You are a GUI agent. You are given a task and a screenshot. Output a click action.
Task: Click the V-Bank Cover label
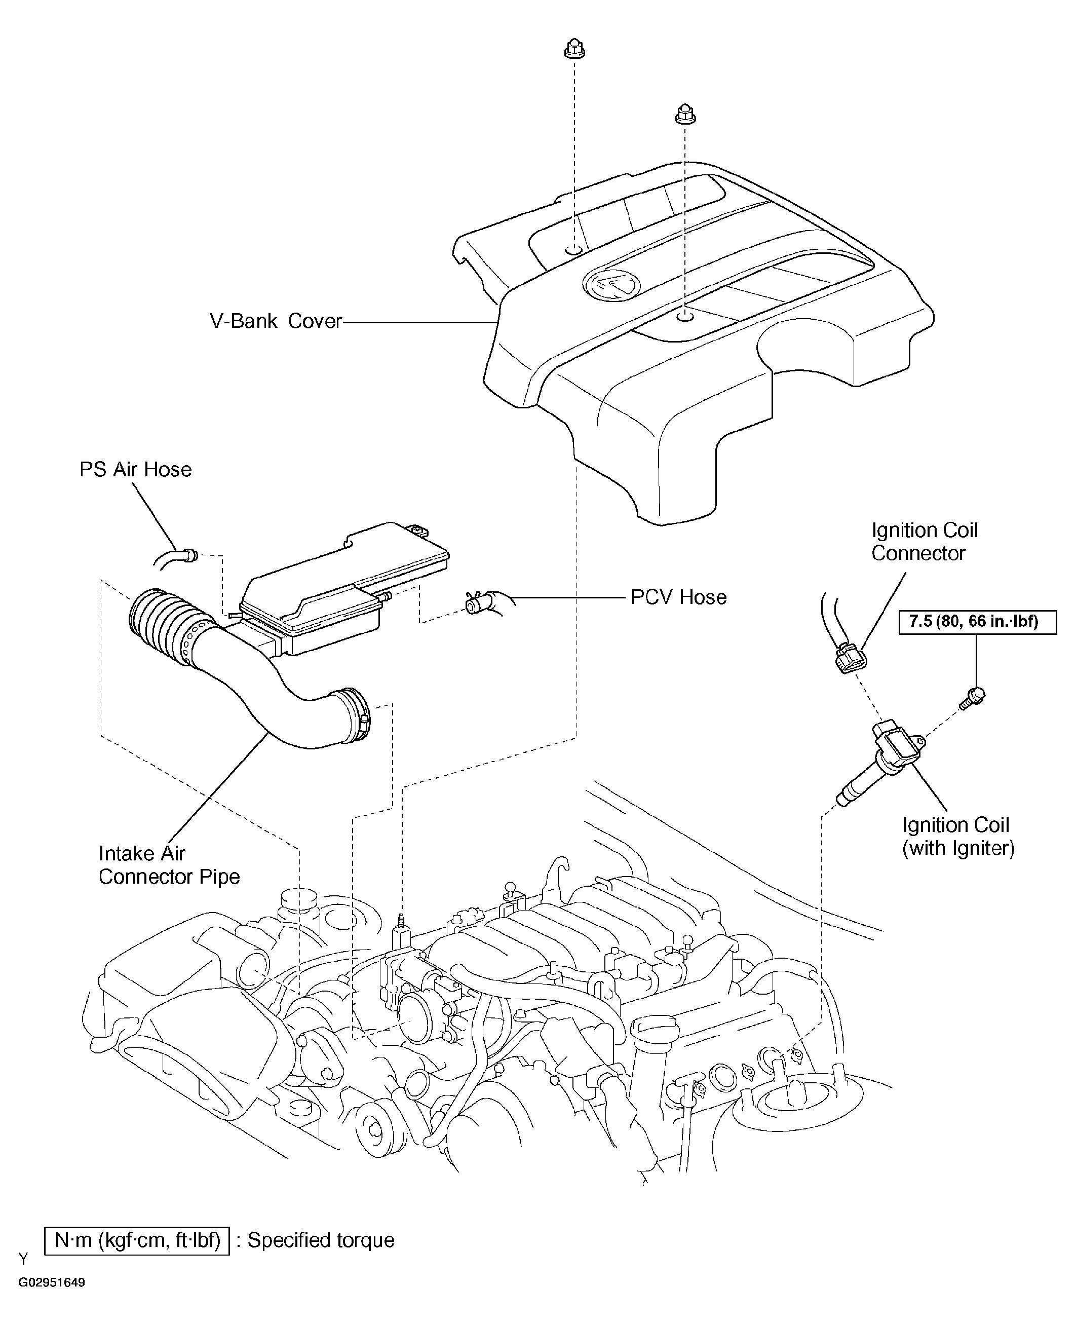pyautogui.click(x=276, y=321)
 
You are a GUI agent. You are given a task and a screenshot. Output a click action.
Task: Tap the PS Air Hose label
pyautogui.click(x=135, y=469)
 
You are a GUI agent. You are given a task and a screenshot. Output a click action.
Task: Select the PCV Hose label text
pyautogui.click(x=678, y=597)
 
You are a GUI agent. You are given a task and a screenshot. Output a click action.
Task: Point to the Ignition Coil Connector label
pyautogui.click(x=924, y=541)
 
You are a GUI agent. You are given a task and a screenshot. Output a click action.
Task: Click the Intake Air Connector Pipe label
pyautogui.click(x=169, y=865)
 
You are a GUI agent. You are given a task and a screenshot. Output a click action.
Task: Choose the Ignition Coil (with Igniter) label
pyautogui.click(x=957, y=837)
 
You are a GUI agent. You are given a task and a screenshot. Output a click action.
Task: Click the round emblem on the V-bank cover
pyautogui.click(x=610, y=285)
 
